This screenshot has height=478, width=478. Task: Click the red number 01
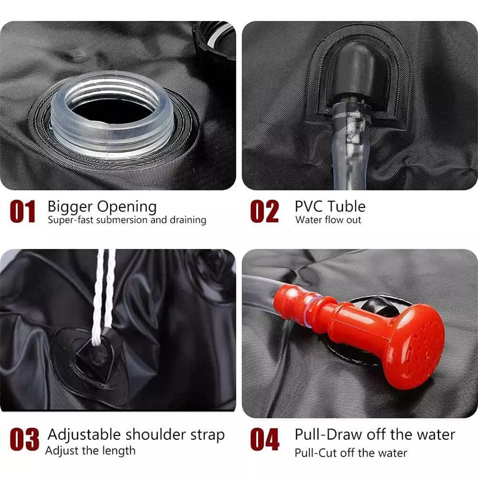point(23,211)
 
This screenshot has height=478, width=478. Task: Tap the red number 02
point(264,211)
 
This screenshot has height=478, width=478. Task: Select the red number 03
point(24,439)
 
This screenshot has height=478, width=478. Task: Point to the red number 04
point(265,439)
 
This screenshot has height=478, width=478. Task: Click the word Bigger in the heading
point(70,207)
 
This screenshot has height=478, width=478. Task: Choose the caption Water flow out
point(328,220)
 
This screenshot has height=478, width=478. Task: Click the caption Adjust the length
point(90,451)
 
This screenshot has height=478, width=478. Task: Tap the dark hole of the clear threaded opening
point(112,111)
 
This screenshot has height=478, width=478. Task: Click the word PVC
point(308,206)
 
